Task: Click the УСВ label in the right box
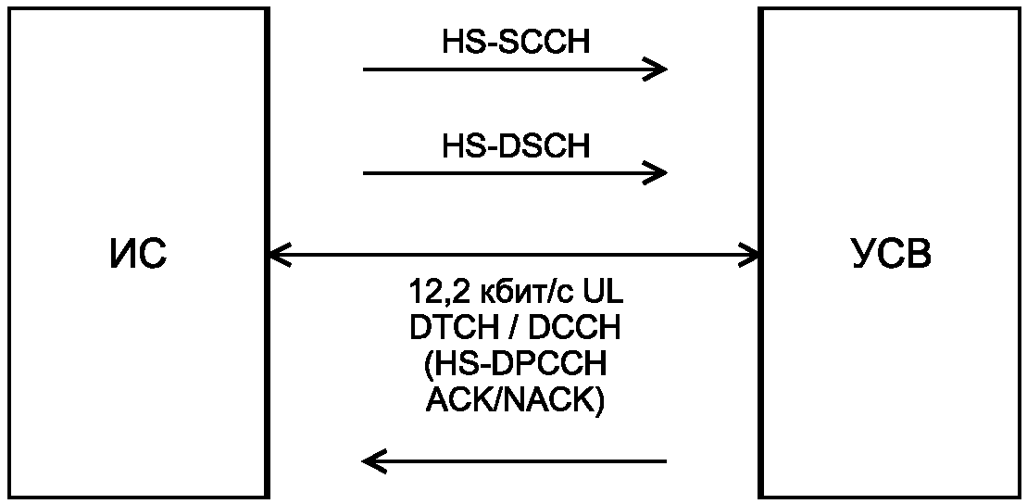click(891, 254)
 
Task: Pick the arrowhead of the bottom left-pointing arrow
click(371, 460)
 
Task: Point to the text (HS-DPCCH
click(515, 365)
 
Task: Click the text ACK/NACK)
click(515, 401)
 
